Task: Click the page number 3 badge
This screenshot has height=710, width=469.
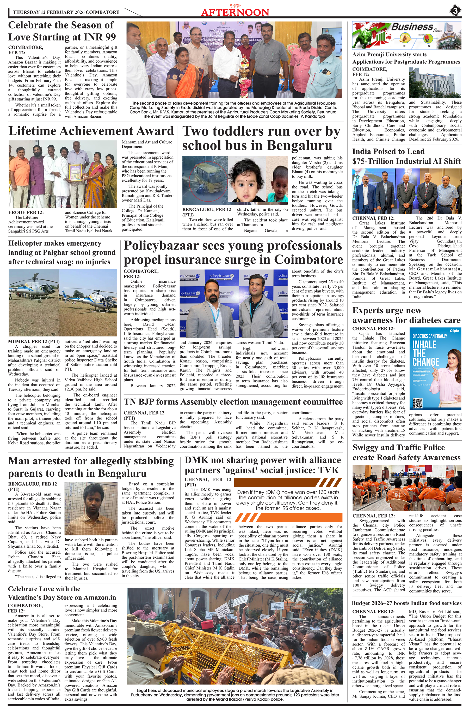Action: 455,11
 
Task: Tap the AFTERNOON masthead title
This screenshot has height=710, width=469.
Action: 235,12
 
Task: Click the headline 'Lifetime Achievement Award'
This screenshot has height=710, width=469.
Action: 91,131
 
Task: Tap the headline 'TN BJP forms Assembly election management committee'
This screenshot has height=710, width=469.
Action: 233,402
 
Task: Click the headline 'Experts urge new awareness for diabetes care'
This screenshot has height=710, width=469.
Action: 406,315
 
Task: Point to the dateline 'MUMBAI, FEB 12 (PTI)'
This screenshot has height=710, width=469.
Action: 34,341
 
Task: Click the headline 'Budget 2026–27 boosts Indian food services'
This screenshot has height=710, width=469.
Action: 406,603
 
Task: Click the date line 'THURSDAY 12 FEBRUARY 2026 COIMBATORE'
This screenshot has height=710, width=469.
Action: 66,12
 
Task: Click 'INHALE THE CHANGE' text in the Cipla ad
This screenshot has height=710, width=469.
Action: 425,353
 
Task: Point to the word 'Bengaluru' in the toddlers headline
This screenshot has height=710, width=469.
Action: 299,146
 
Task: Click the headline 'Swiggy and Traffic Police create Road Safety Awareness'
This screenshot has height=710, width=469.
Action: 406,452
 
